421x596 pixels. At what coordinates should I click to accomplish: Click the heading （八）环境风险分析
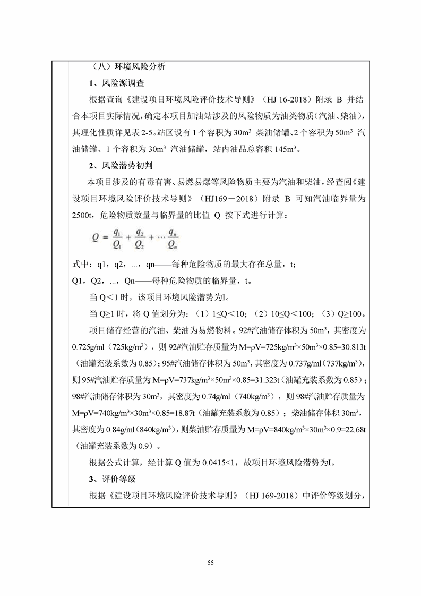pyautogui.click(x=128, y=67)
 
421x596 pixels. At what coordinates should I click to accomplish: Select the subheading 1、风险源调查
pyautogui.click(x=116, y=83)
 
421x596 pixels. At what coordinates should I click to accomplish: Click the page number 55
pyautogui.click(x=211, y=561)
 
